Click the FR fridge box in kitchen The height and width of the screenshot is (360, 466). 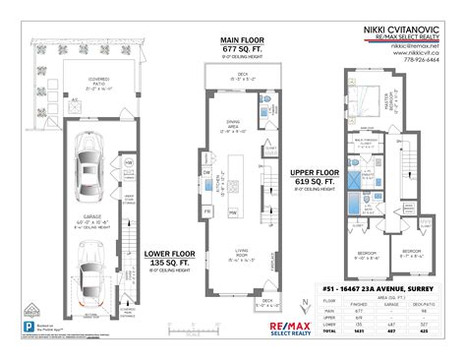[x=206, y=210]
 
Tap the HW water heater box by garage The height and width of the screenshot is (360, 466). [x=129, y=163]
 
